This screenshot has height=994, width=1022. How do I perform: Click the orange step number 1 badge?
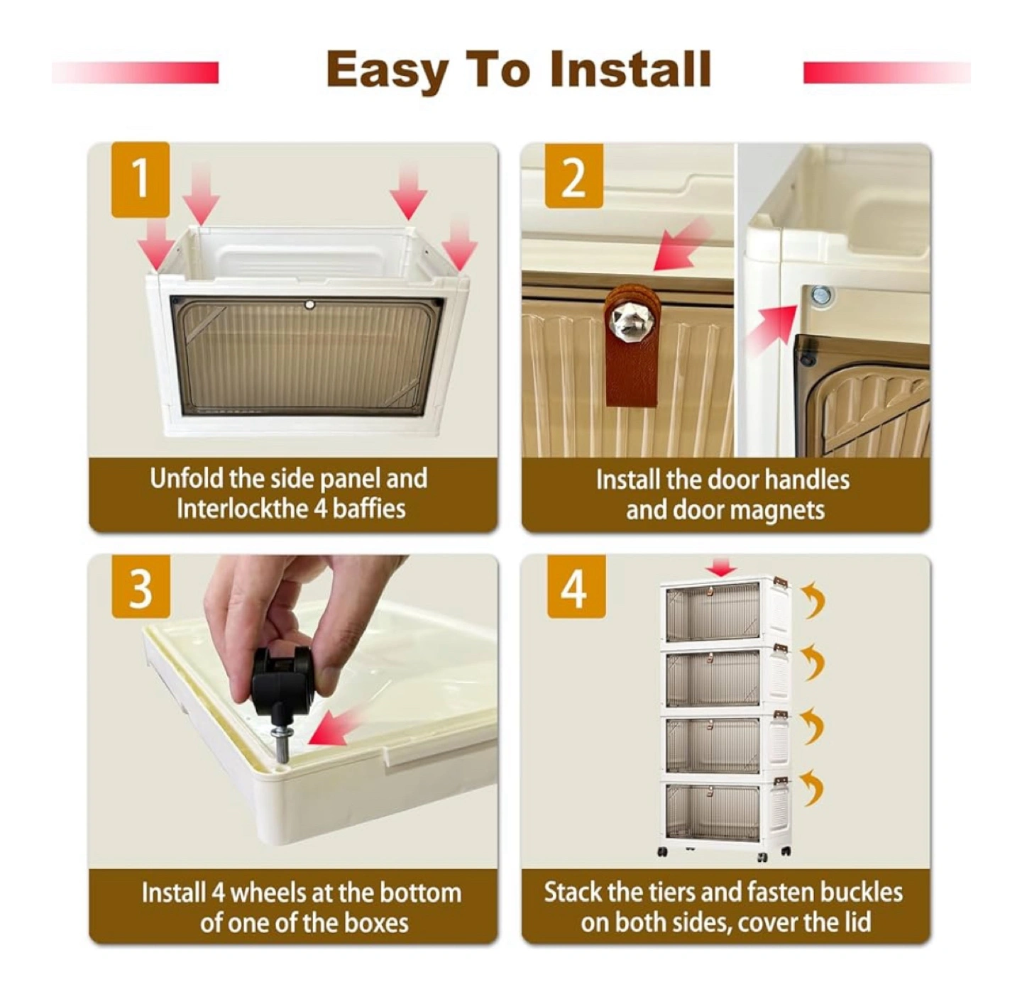pos(141,180)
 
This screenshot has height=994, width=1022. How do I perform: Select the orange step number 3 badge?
pos(141,587)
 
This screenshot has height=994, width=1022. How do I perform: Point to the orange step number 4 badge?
pos(576,587)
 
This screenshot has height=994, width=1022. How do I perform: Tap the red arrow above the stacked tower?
pos(722,567)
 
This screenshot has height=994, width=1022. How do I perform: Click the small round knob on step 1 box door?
pos(309,304)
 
